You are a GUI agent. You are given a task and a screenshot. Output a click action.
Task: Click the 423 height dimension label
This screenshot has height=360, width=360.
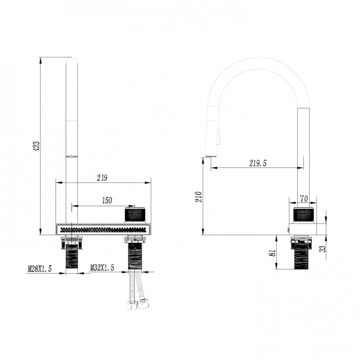pyautogui.click(x=37, y=146)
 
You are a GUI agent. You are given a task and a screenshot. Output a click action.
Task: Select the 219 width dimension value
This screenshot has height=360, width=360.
pyautogui.click(x=102, y=178)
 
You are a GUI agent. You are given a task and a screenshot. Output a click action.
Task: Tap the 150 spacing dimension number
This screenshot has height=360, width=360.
pyautogui.click(x=107, y=200)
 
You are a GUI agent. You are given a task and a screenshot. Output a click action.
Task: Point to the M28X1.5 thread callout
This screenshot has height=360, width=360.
pyautogui.click(x=40, y=269)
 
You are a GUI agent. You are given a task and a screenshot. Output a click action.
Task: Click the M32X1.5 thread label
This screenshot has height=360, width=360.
pyautogui.click(x=102, y=268)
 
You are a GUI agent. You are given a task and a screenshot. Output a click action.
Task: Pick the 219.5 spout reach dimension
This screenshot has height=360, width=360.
pyautogui.click(x=258, y=163)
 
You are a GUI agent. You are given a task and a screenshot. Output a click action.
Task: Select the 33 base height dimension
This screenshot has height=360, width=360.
pyautogui.click(x=323, y=249)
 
